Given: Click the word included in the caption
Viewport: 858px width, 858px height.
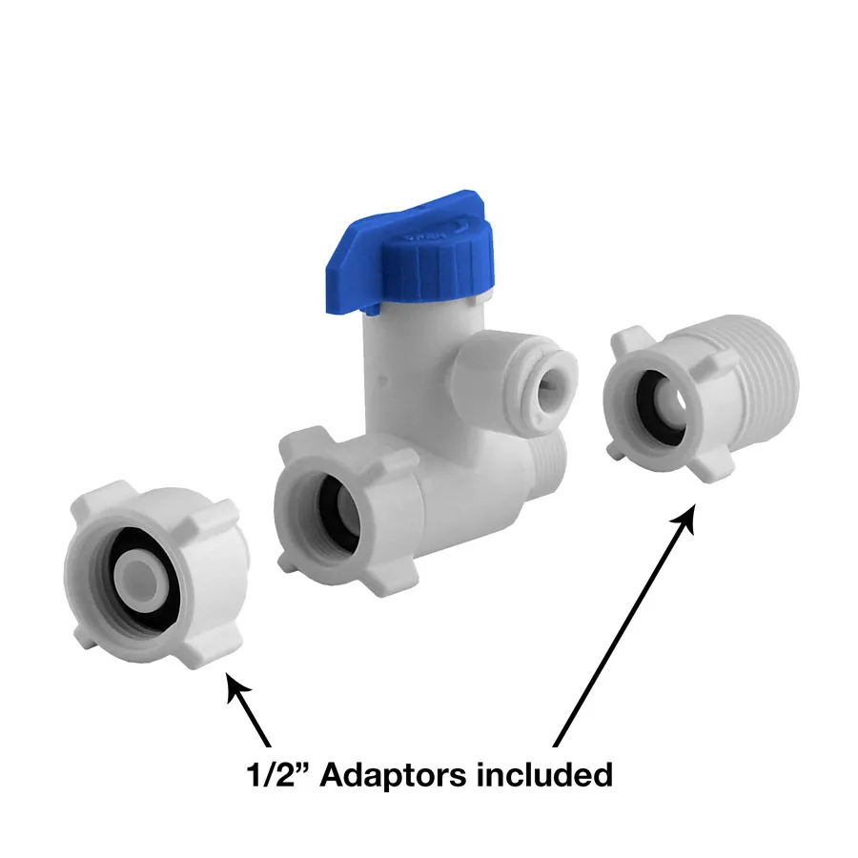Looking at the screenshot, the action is (x=544, y=774).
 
